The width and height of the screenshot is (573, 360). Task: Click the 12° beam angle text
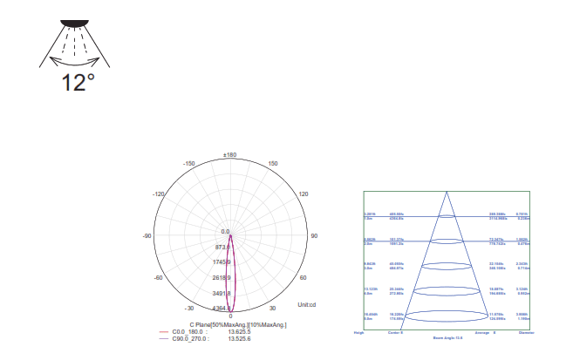pos(78,84)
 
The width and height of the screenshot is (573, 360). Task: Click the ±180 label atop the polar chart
pos(230,154)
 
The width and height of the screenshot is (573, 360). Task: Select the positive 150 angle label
pos(272,163)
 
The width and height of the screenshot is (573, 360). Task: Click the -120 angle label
pos(158,194)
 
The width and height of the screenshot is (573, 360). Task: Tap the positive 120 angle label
pos(304,194)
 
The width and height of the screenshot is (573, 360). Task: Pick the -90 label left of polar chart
pos(147,236)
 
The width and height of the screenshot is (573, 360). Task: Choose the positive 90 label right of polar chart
pos(315,236)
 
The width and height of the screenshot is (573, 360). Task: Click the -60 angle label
pos(159,277)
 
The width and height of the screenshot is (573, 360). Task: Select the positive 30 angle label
pos(272,308)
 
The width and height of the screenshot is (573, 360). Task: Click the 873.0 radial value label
pos(223,247)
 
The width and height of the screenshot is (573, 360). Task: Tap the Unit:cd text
pos(306,304)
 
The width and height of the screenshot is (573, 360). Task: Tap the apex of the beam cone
pos(446,193)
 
